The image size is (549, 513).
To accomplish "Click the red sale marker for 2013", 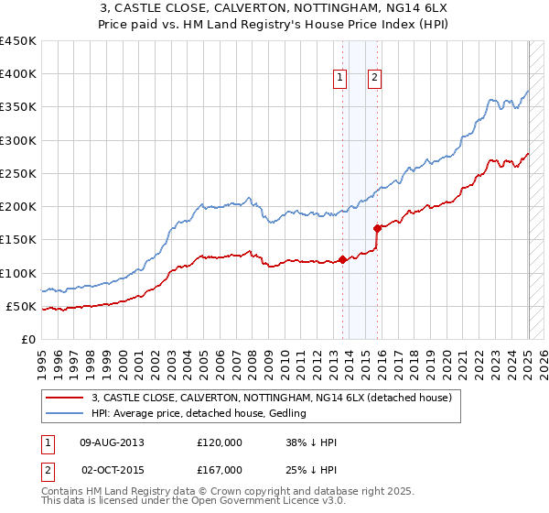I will (x=342, y=259).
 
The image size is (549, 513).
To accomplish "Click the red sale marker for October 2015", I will (x=377, y=228).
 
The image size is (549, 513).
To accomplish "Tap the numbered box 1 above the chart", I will (x=339, y=78).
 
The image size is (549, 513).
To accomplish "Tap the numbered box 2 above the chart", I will (x=375, y=78).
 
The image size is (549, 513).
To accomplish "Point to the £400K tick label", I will (x=18, y=74).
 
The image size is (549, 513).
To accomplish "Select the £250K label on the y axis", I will (x=18, y=173).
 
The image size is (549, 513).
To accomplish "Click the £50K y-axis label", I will (x=22, y=306).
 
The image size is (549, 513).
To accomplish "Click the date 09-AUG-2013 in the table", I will (x=113, y=442).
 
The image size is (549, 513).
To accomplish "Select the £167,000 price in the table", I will (x=220, y=470).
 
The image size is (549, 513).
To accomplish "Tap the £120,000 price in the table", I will (x=220, y=442).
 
